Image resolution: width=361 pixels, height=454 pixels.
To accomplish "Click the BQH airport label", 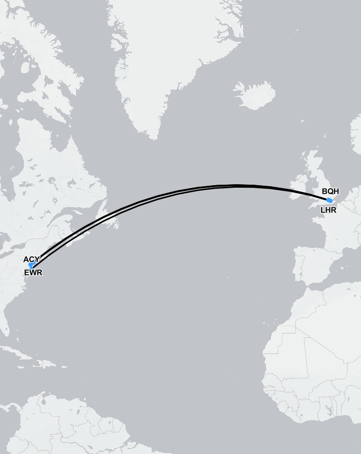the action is tap(330, 191).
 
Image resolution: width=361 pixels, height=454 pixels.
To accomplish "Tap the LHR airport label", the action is tap(328, 210).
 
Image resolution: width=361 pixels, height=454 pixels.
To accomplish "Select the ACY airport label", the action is tap(30, 259).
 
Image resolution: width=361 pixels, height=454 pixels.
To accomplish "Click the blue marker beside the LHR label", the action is tap(329, 200).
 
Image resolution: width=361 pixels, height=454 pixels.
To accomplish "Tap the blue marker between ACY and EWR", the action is tap(31, 265).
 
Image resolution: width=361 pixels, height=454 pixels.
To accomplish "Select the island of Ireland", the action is tap(299, 181).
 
